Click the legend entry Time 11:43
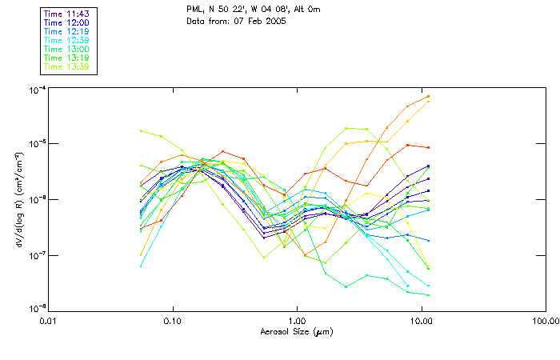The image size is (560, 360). [x=66, y=14]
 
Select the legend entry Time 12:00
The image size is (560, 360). [x=66, y=22]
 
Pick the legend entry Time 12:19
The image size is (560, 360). [x=66, y=31]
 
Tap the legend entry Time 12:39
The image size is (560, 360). [x=66, y=40]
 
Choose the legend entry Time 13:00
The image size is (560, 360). [x=66, y=49]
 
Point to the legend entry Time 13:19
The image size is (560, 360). [x=66, y=58]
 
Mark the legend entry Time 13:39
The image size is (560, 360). [x=66, y=66]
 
